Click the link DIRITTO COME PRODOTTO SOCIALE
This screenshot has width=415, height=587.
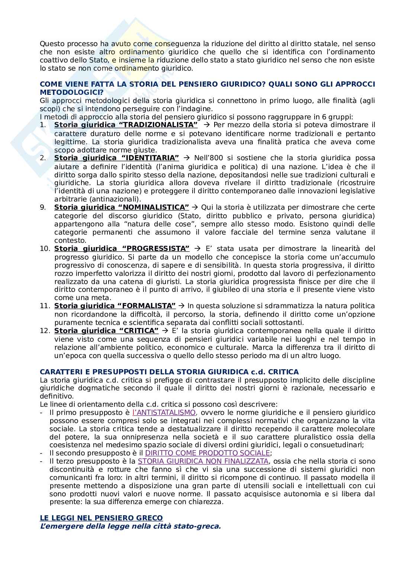[x=207, y=453]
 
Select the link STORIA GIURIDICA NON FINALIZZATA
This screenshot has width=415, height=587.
[x=203, y=461]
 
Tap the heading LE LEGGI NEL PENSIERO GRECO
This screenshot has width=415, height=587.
[x=101, y=518]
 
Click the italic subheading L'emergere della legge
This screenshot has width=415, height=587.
[x=130, y=526]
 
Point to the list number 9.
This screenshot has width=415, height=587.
[x=43, y=207]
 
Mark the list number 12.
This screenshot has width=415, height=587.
[x=45, y=330]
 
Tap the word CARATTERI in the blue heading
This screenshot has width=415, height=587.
[x=59, y=372]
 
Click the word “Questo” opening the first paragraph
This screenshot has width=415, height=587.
[x=51, y=44]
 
